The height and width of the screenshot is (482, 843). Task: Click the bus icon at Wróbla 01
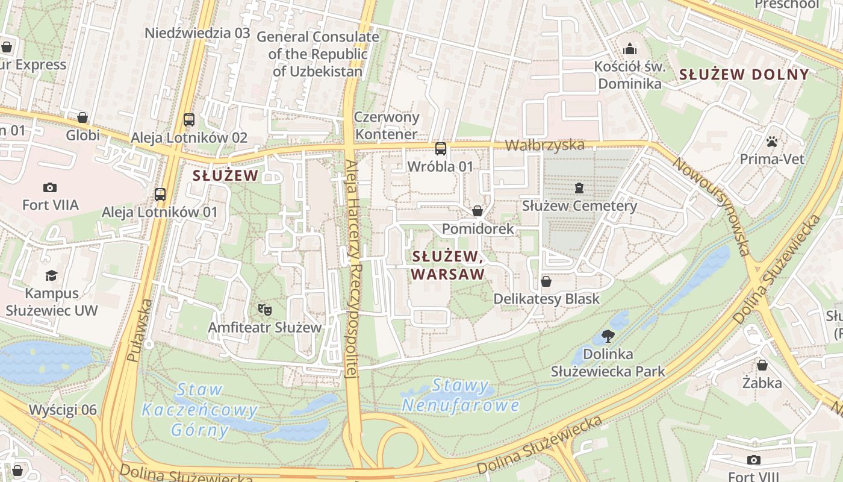tap(441, 148)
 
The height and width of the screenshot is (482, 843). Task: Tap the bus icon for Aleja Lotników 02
tap(189, 119)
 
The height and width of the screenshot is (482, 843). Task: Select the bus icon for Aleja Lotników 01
tap(160, 194)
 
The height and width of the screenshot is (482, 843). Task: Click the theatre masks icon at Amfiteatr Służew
tap(263, 310)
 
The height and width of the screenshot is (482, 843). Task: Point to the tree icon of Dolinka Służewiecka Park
tap(608, 336)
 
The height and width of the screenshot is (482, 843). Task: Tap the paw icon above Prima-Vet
tap(772, 142)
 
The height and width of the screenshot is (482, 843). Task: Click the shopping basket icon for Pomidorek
tap(477, 211)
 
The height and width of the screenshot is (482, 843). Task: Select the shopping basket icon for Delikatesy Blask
tap(546, 281)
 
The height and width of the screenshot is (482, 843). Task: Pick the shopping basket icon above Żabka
tap(762, 365)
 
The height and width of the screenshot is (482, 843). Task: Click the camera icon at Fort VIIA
tap(50, 187)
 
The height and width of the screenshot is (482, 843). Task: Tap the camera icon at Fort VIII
tap(753, 460)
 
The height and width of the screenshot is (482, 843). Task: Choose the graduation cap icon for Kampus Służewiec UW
tap(51, 275)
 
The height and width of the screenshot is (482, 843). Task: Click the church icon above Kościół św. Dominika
tap(630, 48)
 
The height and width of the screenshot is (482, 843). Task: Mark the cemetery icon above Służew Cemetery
tap(579, 188)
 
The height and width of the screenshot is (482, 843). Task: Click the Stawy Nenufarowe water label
tap(461, 395)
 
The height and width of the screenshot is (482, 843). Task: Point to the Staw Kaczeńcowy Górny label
tap(200, 410)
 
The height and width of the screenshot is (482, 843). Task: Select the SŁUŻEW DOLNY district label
tap(744, 75)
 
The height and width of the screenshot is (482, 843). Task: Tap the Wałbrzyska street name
tap(544, 145)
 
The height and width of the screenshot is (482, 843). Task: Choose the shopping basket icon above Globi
tap(82, 117)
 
